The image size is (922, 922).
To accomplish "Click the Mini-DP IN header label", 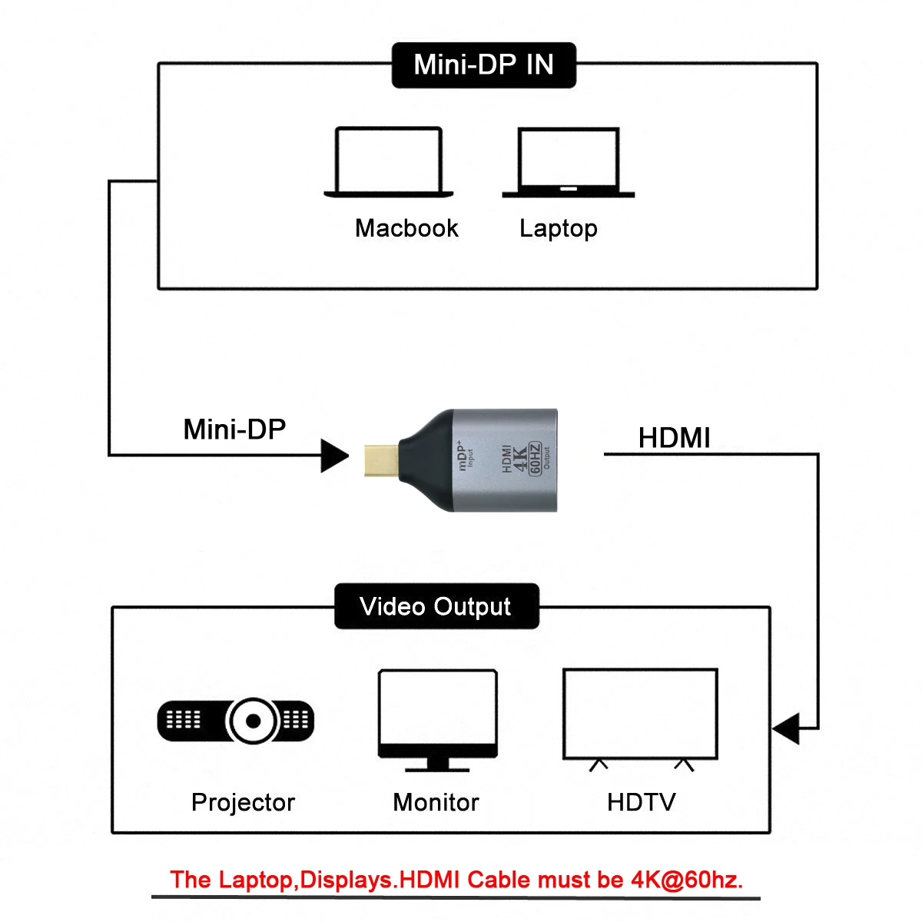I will coord(483,65).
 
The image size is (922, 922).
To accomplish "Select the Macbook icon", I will coord(389,162).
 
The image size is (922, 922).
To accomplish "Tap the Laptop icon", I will coord(569,163).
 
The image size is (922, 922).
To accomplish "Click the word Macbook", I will coord(406,228).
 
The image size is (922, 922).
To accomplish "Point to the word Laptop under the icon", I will coord(558,228).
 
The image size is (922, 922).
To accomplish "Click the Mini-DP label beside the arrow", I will coord(234,429).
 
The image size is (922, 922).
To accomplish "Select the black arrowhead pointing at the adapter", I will coord(334,456).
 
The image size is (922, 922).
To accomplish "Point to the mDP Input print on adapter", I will coord(466,455).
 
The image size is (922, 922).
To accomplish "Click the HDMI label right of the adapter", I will coord(674,438).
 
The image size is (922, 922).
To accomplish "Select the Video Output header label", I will coord(436,607).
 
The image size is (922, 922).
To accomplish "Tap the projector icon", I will coord(236,721).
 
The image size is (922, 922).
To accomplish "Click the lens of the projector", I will coord(252,721).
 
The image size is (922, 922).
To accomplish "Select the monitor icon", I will coord(437,719).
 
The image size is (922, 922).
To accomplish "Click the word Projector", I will coord(243,802).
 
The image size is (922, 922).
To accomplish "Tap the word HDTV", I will coord(641,802).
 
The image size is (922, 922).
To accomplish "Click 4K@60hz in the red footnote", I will coord(686,880).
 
